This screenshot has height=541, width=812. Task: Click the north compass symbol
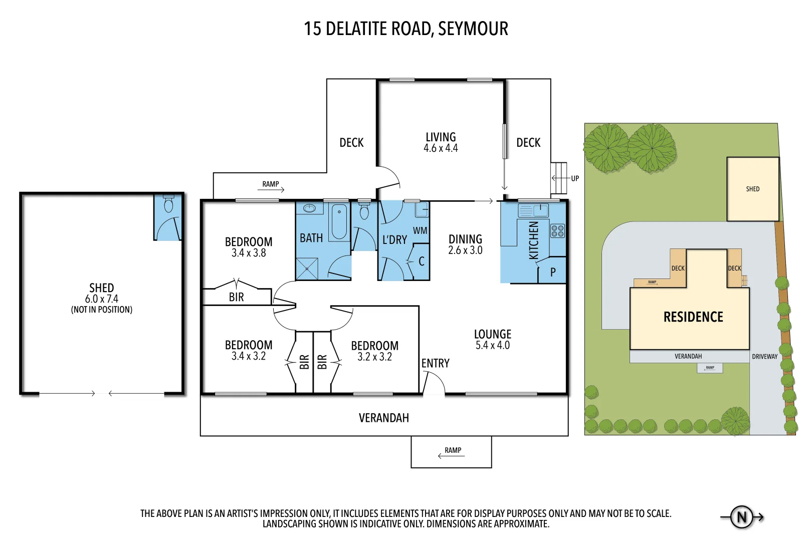tap(742, 517)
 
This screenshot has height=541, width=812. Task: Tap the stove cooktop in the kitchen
tap(557, 231)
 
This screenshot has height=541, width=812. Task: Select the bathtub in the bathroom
tap(339, 222)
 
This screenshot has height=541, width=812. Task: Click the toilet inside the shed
tap(168, 205)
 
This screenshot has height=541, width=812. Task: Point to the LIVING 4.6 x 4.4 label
tap(441, 142)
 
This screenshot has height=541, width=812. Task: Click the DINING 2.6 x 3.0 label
tap(465, 244)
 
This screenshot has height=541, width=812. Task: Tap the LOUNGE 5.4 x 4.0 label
tap(492, 339)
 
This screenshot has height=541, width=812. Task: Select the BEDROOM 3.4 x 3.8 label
tap(249, 247)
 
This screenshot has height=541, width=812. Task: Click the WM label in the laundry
tap(420, 230)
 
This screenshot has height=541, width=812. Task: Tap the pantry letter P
tap(553, 272)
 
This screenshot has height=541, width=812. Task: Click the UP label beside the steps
tap(574, 178)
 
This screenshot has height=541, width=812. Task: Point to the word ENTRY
tap(435, 363)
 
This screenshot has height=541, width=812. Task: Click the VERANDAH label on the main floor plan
tap(383, 418)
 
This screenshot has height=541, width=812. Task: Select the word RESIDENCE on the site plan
tap(693, 317)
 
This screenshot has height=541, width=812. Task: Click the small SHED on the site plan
tap(752, 189)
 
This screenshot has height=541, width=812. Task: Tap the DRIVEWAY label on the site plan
tap(764, 357)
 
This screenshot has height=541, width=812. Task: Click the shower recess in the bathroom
tap(307, 268)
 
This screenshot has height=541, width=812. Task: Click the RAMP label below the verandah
tap(453, 450)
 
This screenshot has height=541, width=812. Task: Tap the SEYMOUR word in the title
tap(473, 29)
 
